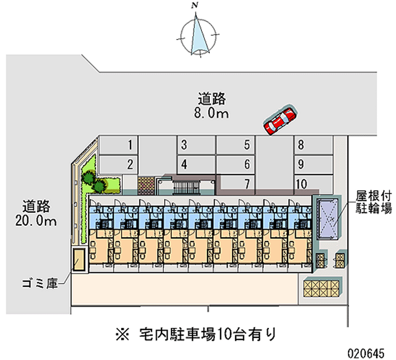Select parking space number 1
(x=118, y=146)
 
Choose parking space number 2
(x=118, y=164)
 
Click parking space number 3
(x=196, y=146)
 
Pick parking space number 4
(x=196, y=164)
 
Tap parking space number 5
(x=236, y=146)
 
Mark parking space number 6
(x=236, y=164)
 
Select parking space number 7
(x=236, y=184)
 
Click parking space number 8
(x=313, y=146)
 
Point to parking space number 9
(x=313, y=164)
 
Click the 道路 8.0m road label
(x=212, y=106)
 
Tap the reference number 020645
(x=366, y=353)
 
